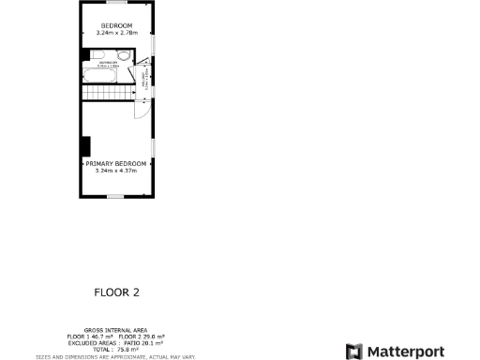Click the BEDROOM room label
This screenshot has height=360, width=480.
point(116,25)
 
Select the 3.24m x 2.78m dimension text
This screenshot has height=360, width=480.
point(116,33)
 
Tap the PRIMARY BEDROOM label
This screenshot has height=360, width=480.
point(116,163)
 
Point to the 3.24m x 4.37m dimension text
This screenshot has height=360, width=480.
point(116,171)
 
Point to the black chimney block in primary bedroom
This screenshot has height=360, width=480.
point(85,146)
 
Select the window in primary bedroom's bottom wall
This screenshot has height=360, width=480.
point(116,196)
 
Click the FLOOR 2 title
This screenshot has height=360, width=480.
point(116,292)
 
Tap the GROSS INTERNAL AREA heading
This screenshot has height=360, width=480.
point(116,330)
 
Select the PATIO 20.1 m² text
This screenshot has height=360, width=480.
point(142,343)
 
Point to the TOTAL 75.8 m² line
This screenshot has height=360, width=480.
point(116,350)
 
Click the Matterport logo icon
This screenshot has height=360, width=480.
point(353,352)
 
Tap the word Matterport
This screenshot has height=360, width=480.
point(404,352)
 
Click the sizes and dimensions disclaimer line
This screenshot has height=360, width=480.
point(116,356)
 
